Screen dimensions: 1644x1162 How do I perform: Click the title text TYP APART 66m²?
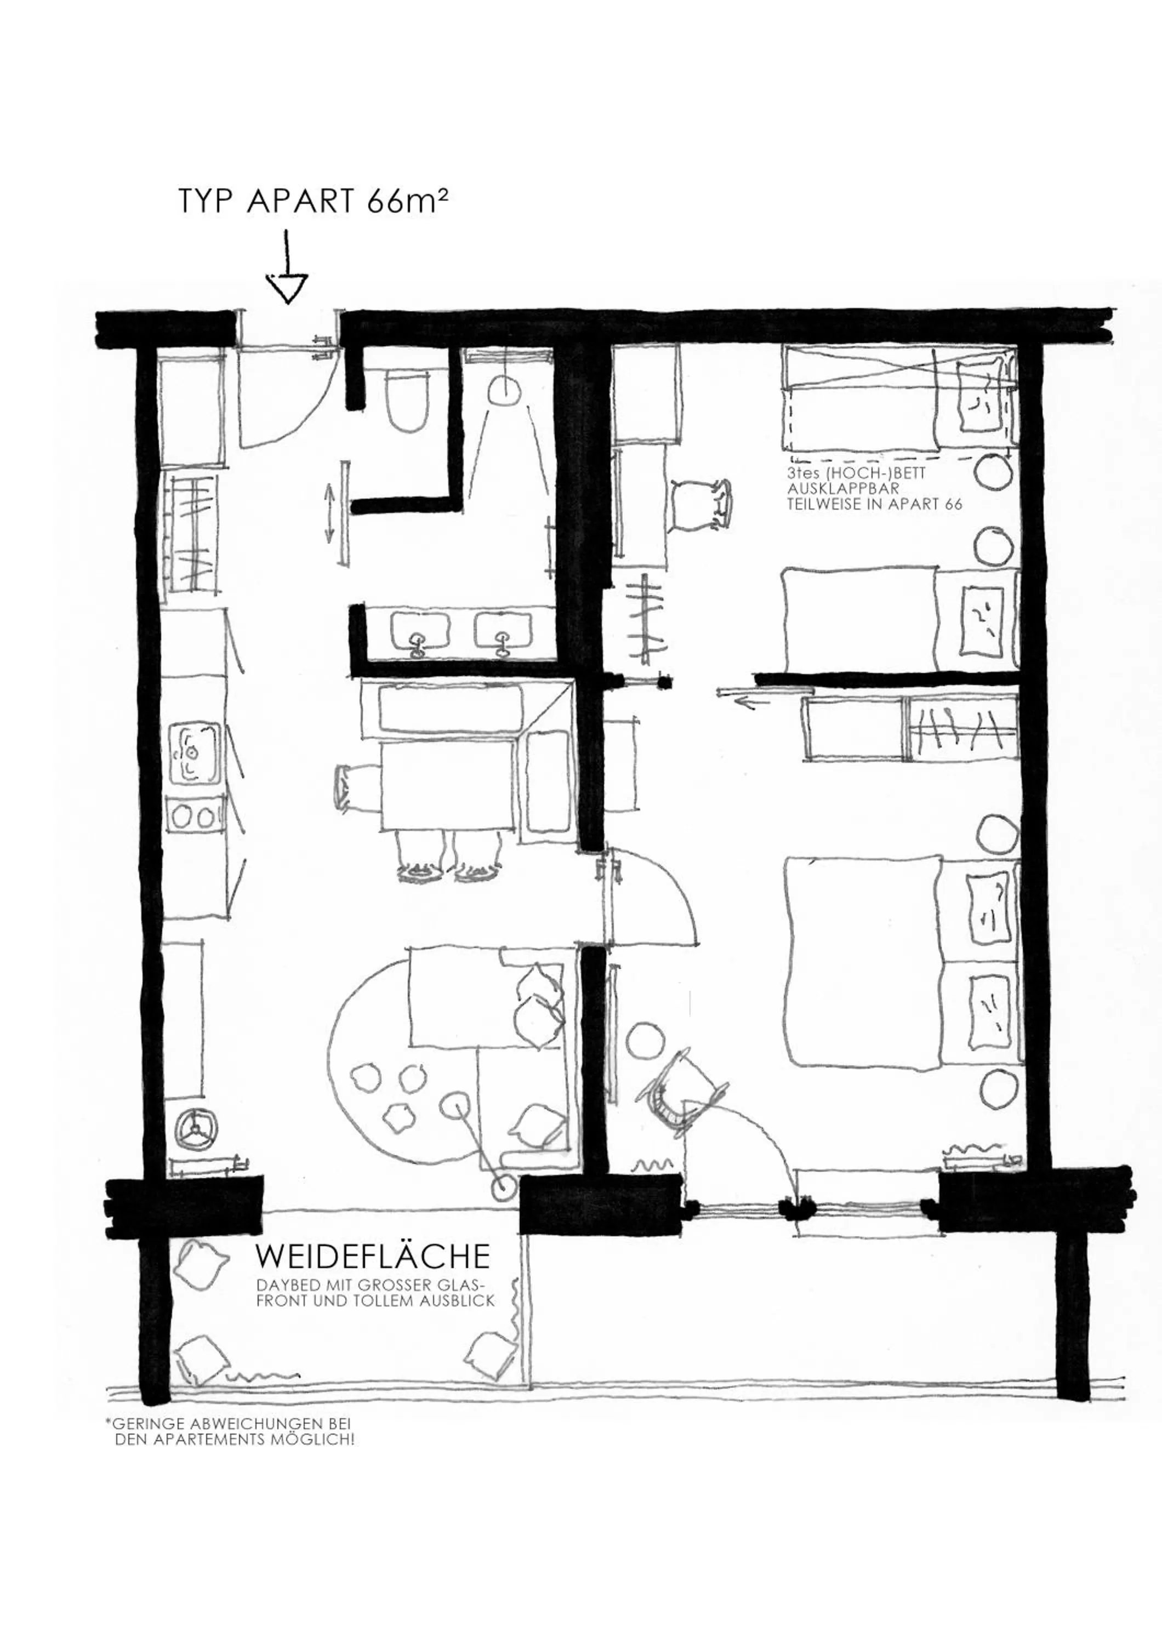[x=313, y=202]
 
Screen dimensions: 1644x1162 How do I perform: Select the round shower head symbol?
[x=505, y=390]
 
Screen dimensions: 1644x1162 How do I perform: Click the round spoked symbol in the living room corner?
[x=194, y=1127]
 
